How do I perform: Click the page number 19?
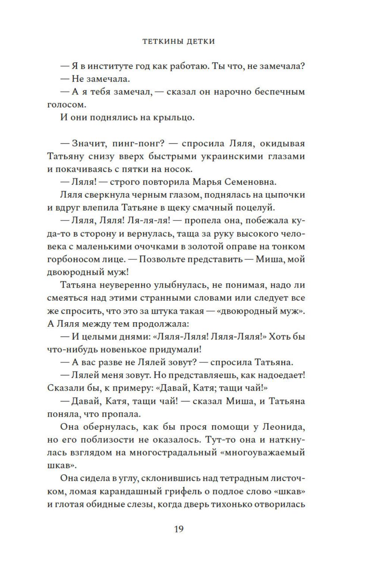[178, 529]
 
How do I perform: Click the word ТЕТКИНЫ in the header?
[161, 41]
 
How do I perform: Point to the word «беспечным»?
[280, 92]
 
